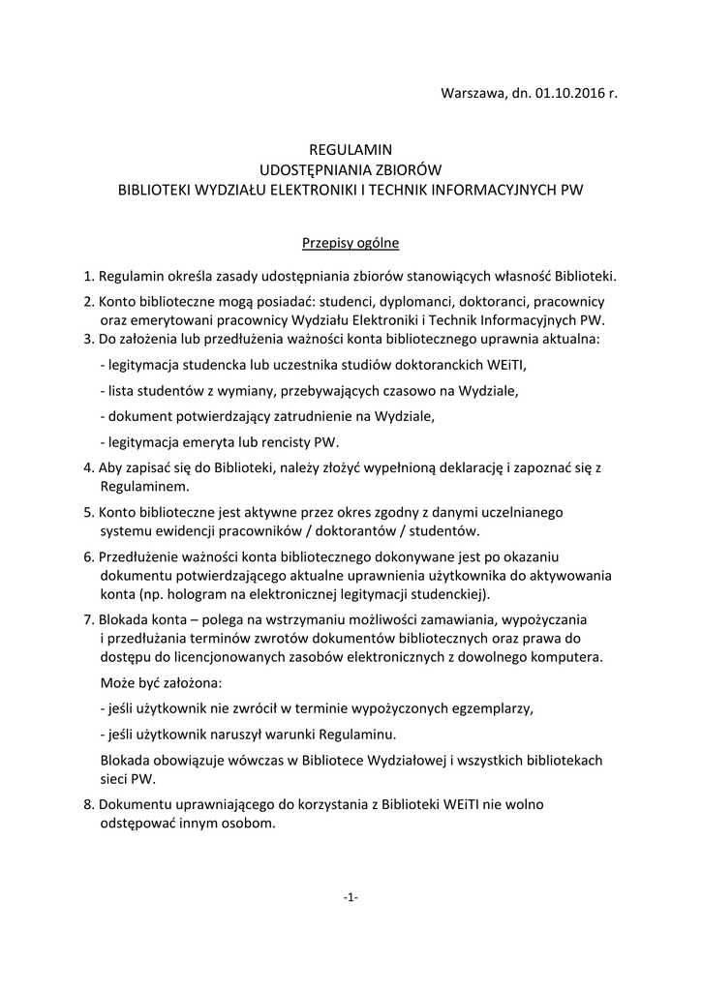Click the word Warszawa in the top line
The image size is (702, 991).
[472, 93]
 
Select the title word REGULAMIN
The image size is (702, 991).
[350, 150]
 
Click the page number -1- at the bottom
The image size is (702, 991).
[351, 897]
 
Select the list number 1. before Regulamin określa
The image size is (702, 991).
[89, 276]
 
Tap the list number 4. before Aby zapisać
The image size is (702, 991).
[89, 467]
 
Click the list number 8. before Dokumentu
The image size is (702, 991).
[89, 805]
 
